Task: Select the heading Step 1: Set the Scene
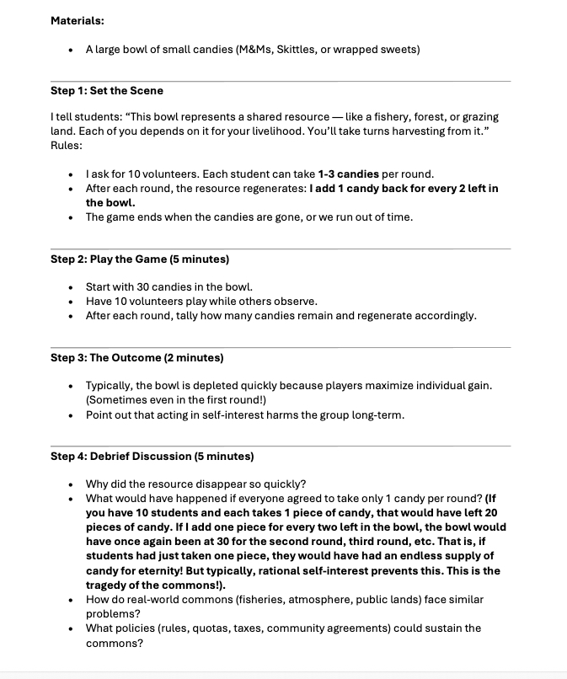click(x=107, y=90)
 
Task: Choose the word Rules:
click(x=67, y=145)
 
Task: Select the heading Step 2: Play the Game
click(x=140, y=259)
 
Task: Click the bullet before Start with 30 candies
click(x=71, y=287)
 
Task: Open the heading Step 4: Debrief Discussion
click(x=152, y=456)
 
